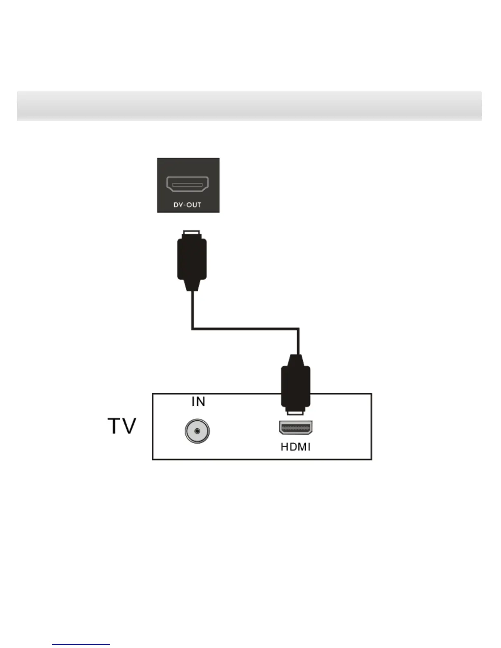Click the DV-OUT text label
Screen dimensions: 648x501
tap(187, 205)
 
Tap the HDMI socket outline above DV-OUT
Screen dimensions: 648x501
tap(188, 185)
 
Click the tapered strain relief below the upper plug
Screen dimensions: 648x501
tap(192, 286)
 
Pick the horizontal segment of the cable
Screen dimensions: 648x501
tap(246, 328)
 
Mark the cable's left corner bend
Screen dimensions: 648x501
tap(192, 328)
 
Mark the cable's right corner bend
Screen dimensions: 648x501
tap(298, 328)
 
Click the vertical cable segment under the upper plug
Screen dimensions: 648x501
tap(192, 309)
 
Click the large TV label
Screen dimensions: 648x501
tap(122, 426)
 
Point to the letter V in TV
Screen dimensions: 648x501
tap(129, 426)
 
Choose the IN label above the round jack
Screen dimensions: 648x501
tap(198, 402)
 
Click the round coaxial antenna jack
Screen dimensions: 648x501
tap(197, 431)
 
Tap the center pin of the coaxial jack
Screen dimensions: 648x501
tap(197, 431)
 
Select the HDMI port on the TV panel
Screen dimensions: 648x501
tap(296, 428)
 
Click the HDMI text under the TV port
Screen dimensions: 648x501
tap(296, 447)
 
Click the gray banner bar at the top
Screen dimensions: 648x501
tap(250, 106)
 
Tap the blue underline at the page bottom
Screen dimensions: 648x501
tap(81, 644)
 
